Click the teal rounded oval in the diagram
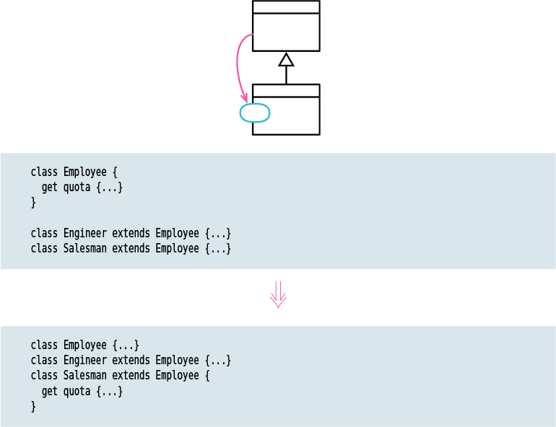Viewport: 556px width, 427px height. [254, 113]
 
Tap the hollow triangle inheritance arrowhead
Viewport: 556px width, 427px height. [286, 60]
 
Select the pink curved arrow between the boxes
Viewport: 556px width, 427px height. [238, 65]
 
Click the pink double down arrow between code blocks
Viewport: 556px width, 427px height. [278, 295]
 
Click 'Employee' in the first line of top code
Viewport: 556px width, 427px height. [84, 172]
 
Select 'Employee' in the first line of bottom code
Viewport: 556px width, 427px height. [84, 345]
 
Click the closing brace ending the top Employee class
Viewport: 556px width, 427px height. [33, 203]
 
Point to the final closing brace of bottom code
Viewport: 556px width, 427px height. [33, 406]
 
